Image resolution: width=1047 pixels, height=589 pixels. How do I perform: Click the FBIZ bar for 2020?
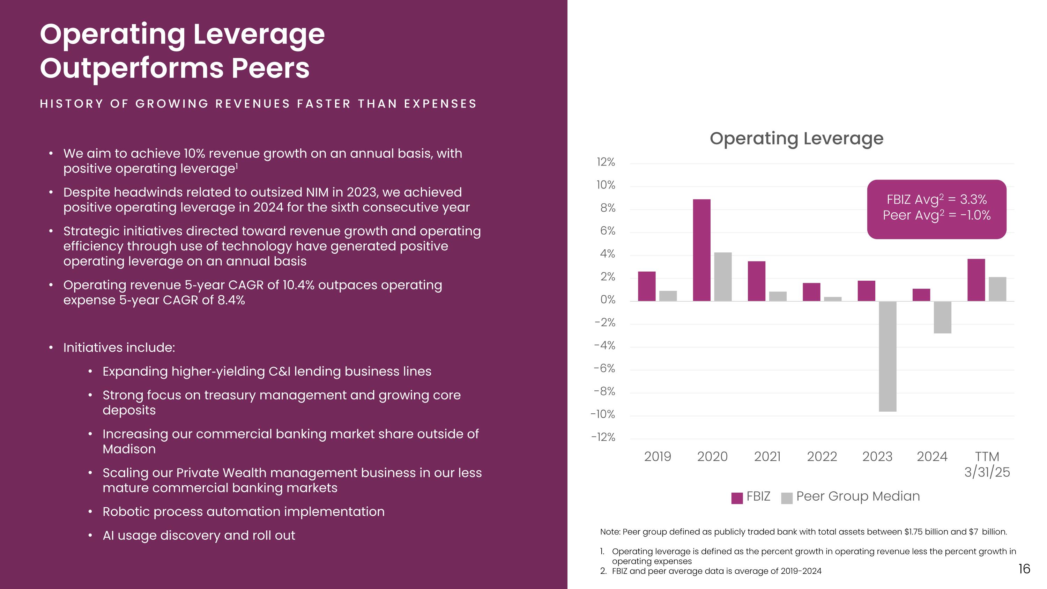pyautogui.click(x=701, y=250)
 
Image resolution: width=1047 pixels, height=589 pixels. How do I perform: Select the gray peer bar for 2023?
pyautogui.click(x=887, y=356)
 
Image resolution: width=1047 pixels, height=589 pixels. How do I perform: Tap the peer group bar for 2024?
pyautogui.click(x=942, y=317)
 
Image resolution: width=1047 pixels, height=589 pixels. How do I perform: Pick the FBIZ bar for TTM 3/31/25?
pyautogui.click(x=976, y=280)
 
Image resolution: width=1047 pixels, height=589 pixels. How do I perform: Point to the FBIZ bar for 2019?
pyautogui.click(x=647, y=286)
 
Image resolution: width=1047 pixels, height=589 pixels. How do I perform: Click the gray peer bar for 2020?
pyautogui.click(x=723, y=277)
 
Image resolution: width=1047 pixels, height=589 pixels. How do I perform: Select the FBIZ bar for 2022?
pyautogui.click(x=811, y=292)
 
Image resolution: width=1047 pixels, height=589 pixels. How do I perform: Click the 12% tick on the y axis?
pyautogui.click(x=606, y=162)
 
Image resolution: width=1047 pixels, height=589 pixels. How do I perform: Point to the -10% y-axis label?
pyautogui.click(x=603, y=414)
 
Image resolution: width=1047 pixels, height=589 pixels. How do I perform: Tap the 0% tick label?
pyautogui.click(x=608, y=300)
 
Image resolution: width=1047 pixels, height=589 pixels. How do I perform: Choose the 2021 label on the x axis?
pyautogui.click(x=767, y=456)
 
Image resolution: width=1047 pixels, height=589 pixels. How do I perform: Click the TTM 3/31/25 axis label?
pyautogui.click(x=987, y=464)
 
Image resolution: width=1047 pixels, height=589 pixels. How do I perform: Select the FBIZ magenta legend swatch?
pyautogui.click(x=737, y=498)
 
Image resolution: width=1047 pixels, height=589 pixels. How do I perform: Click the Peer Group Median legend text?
pyautogui.click(x=857, y=496)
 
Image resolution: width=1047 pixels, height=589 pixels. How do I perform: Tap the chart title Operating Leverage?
pyautogui.click(x=796, y=139)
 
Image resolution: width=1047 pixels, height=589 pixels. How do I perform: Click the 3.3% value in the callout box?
pyautogui.click(x=973, y=200)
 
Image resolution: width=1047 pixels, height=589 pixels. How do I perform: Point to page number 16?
pyautogui.click(x=1024, y=569)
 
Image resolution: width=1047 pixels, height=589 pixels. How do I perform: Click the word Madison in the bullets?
pyautogui.click(x=129, y=449)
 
